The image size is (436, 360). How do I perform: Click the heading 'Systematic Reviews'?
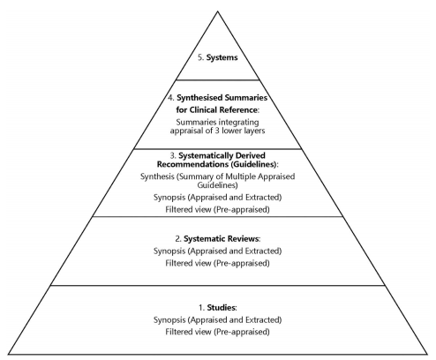click(x=222, y=238)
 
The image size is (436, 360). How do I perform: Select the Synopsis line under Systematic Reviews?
click(x=217, y=251)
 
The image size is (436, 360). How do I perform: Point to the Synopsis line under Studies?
click(x=217, y=319)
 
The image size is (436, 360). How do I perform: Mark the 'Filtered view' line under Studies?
click(x=217, y=331)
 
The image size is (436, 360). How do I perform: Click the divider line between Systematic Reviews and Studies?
click(x=217, y=285)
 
